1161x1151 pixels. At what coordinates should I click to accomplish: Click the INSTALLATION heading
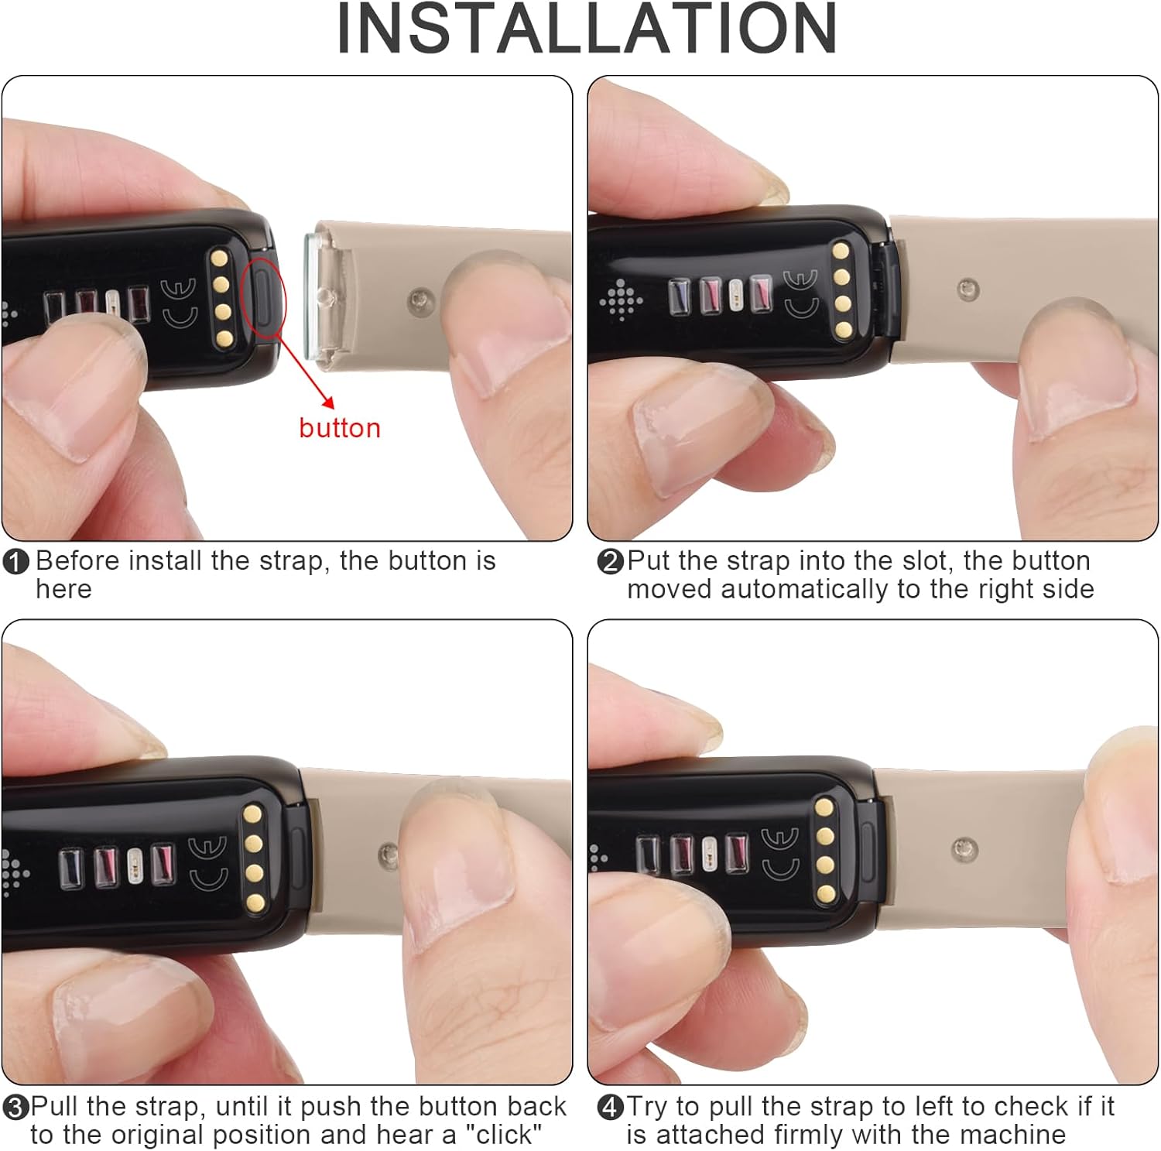coord(587,29)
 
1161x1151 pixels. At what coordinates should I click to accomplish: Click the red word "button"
coord(340,428)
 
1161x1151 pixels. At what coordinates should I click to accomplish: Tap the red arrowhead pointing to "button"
coord(328,402)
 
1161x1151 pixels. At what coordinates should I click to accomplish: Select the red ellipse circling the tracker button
coord(264,300)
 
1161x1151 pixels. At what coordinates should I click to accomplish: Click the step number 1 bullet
coord(16,562)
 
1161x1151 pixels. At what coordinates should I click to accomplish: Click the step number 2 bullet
coord(610,562)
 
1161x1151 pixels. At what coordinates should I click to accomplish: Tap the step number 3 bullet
coord(16,1108)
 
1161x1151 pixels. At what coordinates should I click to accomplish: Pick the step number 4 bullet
coord(610,1108)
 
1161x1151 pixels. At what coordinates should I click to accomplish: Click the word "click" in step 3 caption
coord(503,1135)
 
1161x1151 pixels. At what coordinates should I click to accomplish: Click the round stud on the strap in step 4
coord(964,847)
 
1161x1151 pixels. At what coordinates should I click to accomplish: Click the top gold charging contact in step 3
coord(252,814)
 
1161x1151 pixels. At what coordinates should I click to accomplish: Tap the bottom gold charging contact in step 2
coord(842,331)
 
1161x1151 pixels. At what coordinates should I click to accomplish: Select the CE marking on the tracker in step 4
coord(779,853)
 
